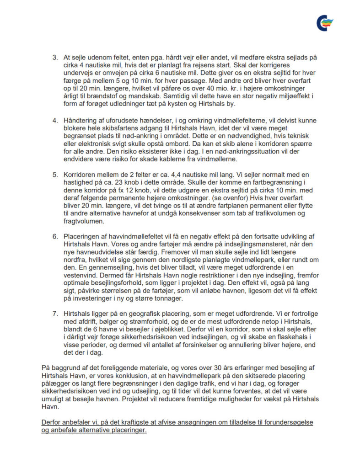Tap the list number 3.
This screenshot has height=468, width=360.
tap(54, 58)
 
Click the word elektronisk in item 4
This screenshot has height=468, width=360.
tap(89, 143)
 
